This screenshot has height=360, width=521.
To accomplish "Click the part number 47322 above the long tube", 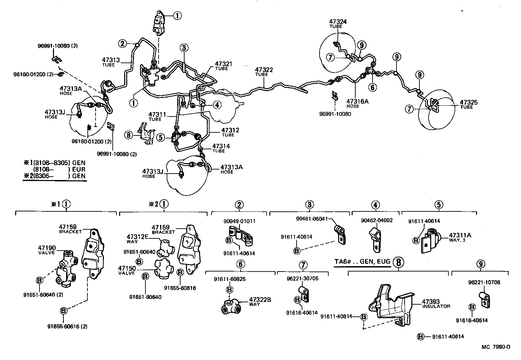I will [x=264, y=70].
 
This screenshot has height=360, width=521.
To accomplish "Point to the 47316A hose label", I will [x=355, y=101].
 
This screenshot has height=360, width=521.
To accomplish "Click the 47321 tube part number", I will [x=224, y=64].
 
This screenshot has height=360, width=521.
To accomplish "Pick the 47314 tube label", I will [x=221, y=146].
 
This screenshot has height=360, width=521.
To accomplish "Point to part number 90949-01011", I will [x=239, y=222].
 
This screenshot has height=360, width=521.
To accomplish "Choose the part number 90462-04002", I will [x=377, y=221].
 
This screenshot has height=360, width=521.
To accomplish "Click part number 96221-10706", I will [x=484, y=282].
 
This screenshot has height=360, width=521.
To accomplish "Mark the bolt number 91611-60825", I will [x=229, y=279].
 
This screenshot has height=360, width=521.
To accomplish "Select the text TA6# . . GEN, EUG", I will [x=362, y=261].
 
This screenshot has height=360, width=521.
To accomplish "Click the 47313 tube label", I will [x=111, y=60].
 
